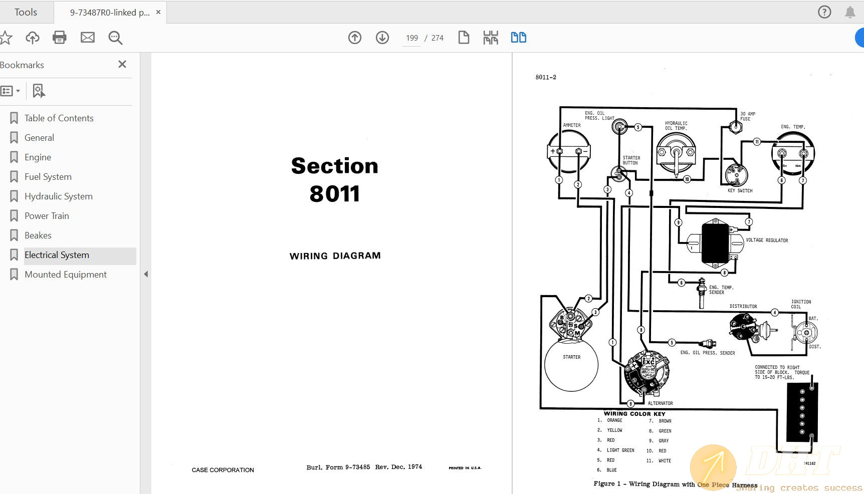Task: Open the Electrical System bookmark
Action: click(x=57, y=255)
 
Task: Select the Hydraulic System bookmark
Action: click(x=58, y=196)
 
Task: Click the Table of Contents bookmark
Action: click(x=59, y=118)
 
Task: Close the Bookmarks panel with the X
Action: click(x=122, y=64)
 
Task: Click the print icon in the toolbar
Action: click(x=59, y=38)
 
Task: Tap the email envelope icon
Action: click(x=88, y=38)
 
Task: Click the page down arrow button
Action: click(x=382, y=38)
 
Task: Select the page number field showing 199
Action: click(x=412, y=38)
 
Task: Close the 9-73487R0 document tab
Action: click(x=158, y=12)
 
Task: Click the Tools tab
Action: click(x=26, y=12)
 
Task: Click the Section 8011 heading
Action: click(x=334, y=179)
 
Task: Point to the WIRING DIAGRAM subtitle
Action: click(x=335, y=256)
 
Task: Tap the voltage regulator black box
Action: click(x=715, y=243)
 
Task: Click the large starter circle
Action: click(x=571, y=365)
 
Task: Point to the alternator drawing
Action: click(x=646, y=373)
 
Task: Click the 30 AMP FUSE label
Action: click(x=747, y=116)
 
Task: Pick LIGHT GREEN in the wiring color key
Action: click(x=620, y=450)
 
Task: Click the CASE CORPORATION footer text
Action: click(x=223, y=470)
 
